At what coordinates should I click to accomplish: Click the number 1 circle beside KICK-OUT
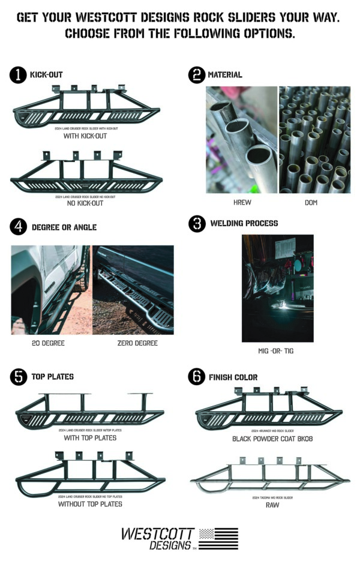[18, 75]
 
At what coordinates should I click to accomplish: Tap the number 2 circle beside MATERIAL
[196, 75]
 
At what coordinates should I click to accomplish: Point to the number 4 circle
[18, 227]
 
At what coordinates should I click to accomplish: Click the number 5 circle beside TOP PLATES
[18, 377]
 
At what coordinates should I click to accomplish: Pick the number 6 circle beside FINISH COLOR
[196, 377]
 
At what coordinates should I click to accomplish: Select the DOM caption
[311, 203]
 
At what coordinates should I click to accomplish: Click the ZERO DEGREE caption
[137, 343]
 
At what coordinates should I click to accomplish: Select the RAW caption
[272, 505]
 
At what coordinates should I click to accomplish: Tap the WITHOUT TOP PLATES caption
[90, 504]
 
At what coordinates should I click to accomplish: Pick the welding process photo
[277, 288]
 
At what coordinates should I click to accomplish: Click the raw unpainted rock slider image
[270, 477]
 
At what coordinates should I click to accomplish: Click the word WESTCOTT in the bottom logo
[157, 533]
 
